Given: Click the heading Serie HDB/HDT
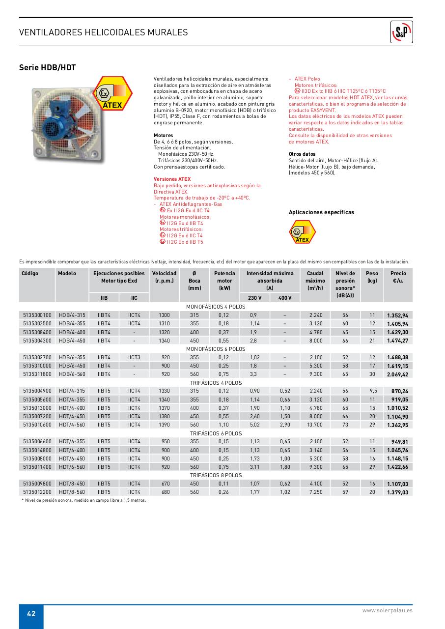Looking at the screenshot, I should (47, 68).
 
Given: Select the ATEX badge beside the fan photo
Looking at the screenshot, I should (112, 93).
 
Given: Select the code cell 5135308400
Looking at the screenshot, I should (37, 332).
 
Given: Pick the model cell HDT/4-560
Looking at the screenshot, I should (72, 424).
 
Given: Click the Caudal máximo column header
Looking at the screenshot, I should (315, 281).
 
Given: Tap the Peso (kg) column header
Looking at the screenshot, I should (372, 277).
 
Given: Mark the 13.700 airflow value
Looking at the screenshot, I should (315, 424).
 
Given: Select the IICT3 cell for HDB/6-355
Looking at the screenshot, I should (134, 357).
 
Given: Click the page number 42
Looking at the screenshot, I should (31, 613).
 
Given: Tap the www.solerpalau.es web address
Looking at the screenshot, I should (387, 610).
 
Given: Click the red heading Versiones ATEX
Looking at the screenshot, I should (172, 179).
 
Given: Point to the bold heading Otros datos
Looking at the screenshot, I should (302, 154).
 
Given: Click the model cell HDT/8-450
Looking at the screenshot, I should (72, 484).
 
